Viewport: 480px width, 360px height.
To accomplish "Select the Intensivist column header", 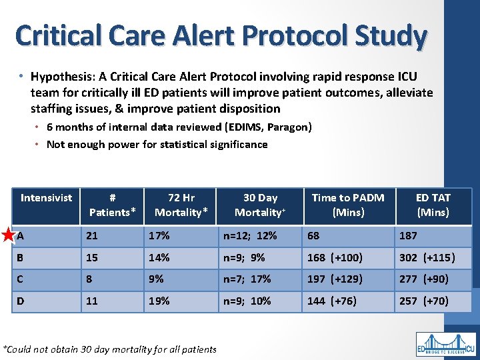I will point(47,198).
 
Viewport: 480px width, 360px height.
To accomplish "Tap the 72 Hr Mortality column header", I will point(181,205).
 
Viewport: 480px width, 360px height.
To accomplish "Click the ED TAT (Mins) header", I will point(433,205).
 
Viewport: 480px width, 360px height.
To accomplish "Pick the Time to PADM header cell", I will point(347,205).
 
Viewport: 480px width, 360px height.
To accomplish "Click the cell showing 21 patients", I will point(92,235).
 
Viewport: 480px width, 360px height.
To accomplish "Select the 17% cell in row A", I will point(160,235).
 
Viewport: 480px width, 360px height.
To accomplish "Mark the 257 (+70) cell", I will point(423,301).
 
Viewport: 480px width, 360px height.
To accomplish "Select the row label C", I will point(22,279).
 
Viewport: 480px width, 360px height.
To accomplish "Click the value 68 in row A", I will point(313,235).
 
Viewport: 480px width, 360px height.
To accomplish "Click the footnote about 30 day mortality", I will point(110,349).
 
